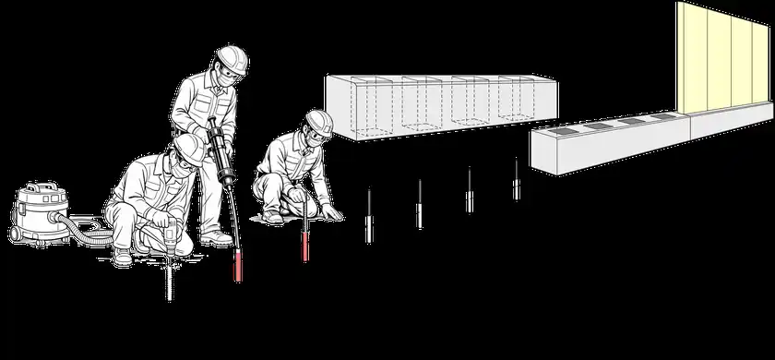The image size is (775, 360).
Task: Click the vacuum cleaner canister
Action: [37, 208]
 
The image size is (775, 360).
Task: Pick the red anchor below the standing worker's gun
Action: [238, 262]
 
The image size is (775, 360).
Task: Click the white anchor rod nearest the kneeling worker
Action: [368, 217]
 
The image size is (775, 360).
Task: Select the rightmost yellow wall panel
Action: [756, 55]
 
